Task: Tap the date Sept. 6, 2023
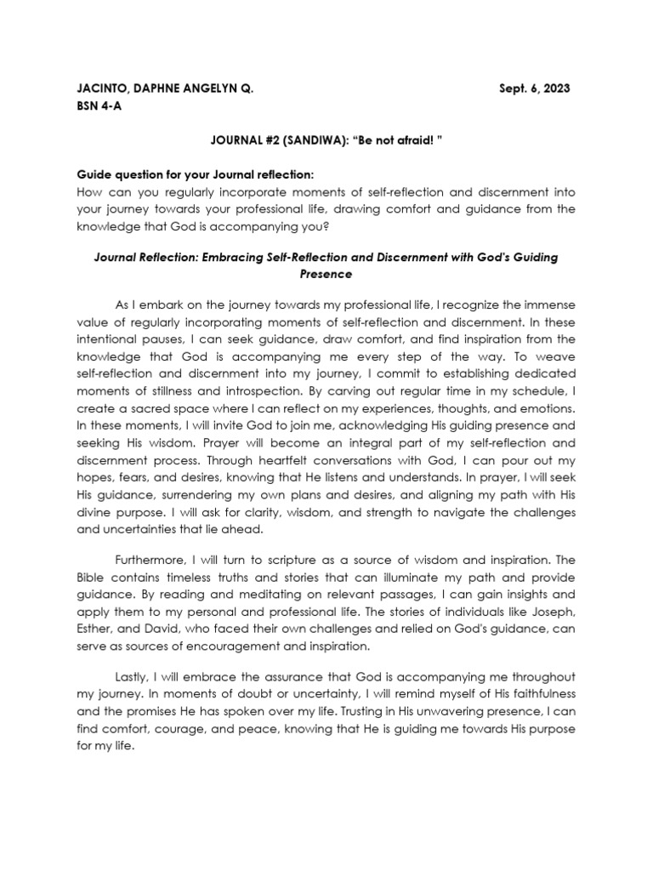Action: coord(534,88)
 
